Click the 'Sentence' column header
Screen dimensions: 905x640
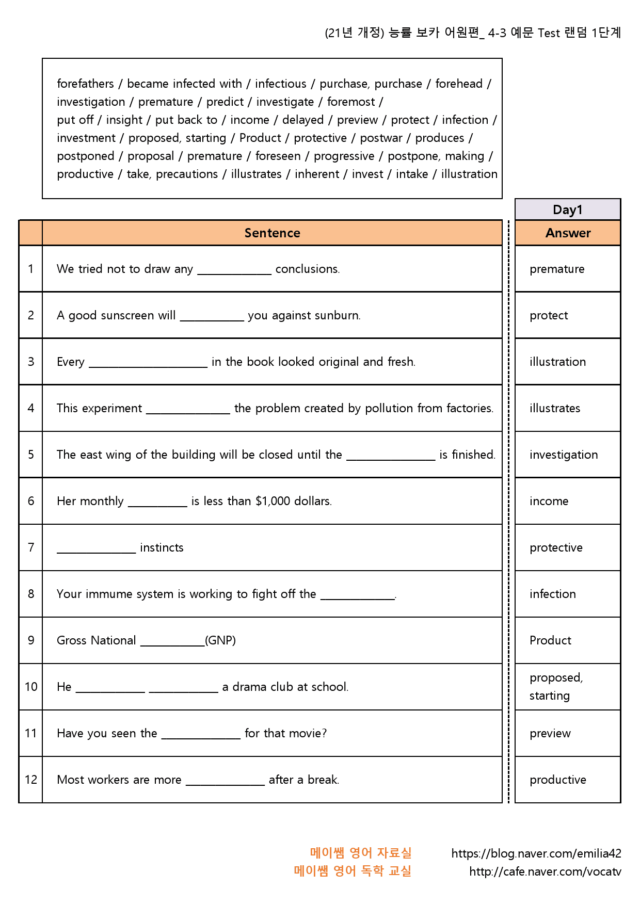272,233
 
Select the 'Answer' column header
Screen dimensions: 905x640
568,233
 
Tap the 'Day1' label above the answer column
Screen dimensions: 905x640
567,209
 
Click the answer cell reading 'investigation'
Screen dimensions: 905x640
564,455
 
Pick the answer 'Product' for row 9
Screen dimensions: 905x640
550,640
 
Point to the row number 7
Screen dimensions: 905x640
31,547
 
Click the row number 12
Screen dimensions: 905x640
31,780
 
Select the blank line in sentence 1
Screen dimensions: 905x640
234,270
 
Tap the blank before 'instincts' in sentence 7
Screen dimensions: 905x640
96,549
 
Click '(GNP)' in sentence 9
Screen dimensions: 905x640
220,640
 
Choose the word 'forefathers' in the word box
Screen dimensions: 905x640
85,84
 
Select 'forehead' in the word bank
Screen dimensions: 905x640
459,84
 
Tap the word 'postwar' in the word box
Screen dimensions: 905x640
381,138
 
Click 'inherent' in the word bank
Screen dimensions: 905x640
317,174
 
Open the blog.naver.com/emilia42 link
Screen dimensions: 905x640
536,853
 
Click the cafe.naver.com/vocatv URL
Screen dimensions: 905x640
545,871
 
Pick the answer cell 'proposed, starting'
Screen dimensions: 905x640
556,686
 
